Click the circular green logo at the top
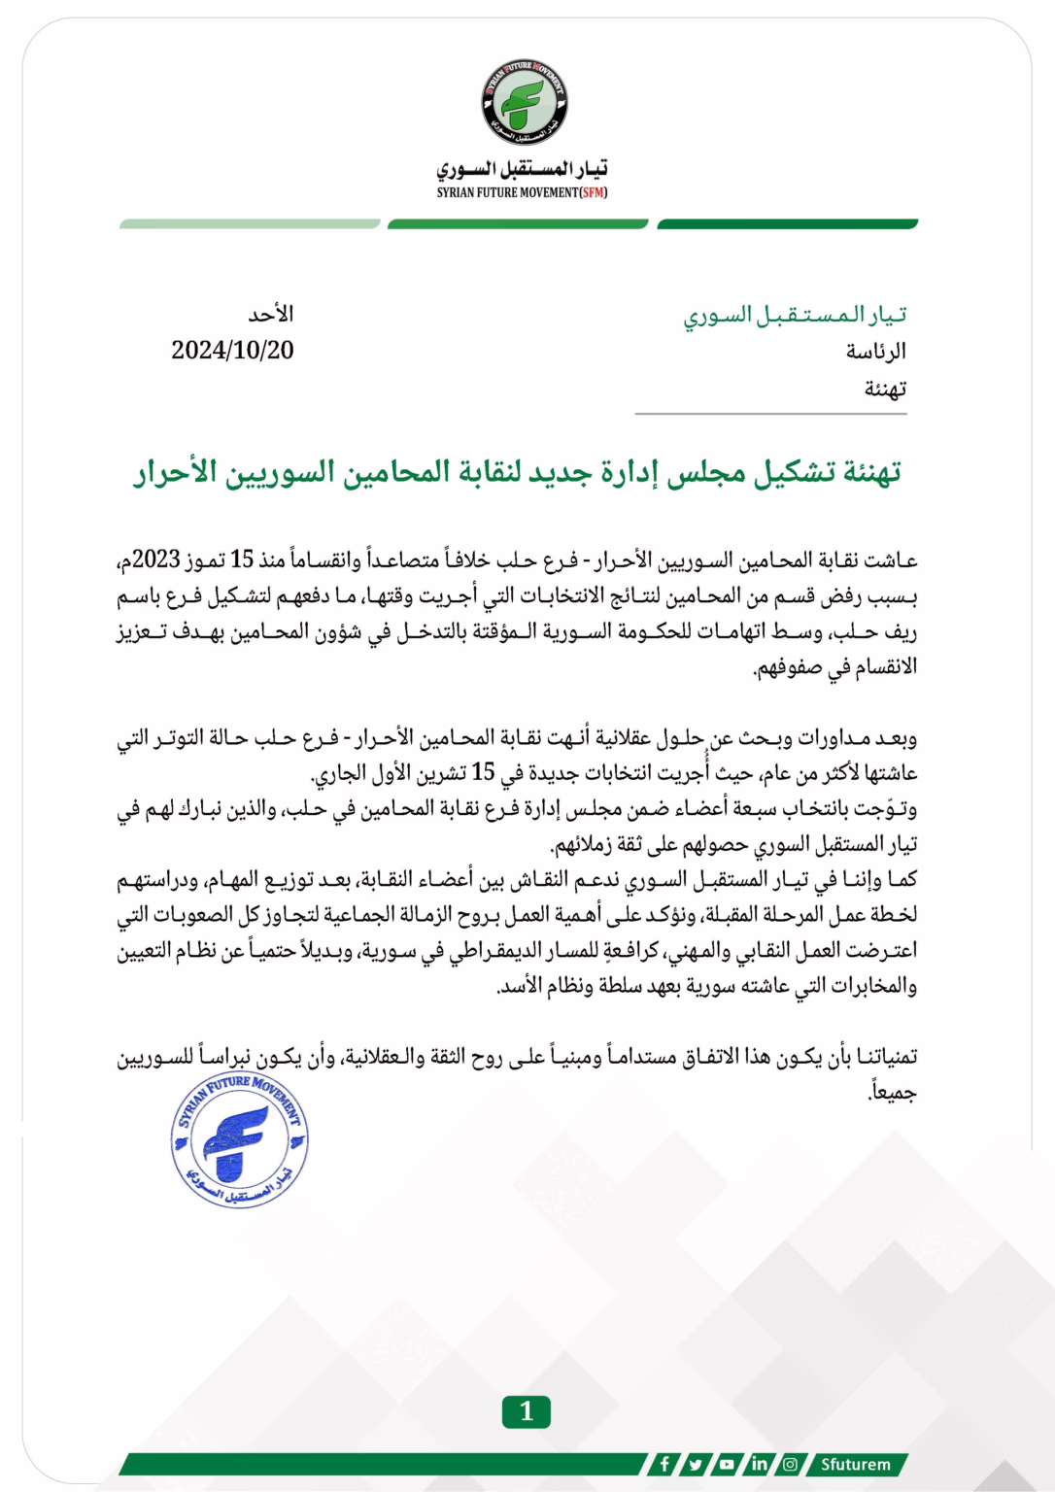pyautogui.click(x=525, y=102)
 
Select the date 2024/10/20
pyautogui.click(x=232, y=351)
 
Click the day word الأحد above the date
pyautogui.click(x=271, y=315)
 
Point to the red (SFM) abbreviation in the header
pyautogui.click(x=593, y=193)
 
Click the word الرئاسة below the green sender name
pyautogui.click(x=876, y=352)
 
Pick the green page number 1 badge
pyautogui.click(x=526, y=1411)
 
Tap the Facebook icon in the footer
pyautogui.click(x=664, y=1464)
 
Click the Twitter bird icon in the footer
pyautogui.click(x=696, y=1464)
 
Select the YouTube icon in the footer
pyautogui.click(x=727, y=1464)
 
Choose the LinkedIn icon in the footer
pyautogui.click(x=759, y=1464)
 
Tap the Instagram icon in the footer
pyautogui.click(x=791, y=1464)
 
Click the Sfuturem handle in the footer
pyautogui.click(x=855, y=1464)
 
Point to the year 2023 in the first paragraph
pyautogui.click(x=156, y=560)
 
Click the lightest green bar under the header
pyautogui.click(x=250, y=224)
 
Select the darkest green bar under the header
pyautogui.click(x=787, y=224)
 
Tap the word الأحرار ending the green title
pyautogui.click(x=175, y=473)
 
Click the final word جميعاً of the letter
pyautogui.click(x=893, y=1093)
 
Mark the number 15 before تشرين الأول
pyautogui.click(x=483, y=773)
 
